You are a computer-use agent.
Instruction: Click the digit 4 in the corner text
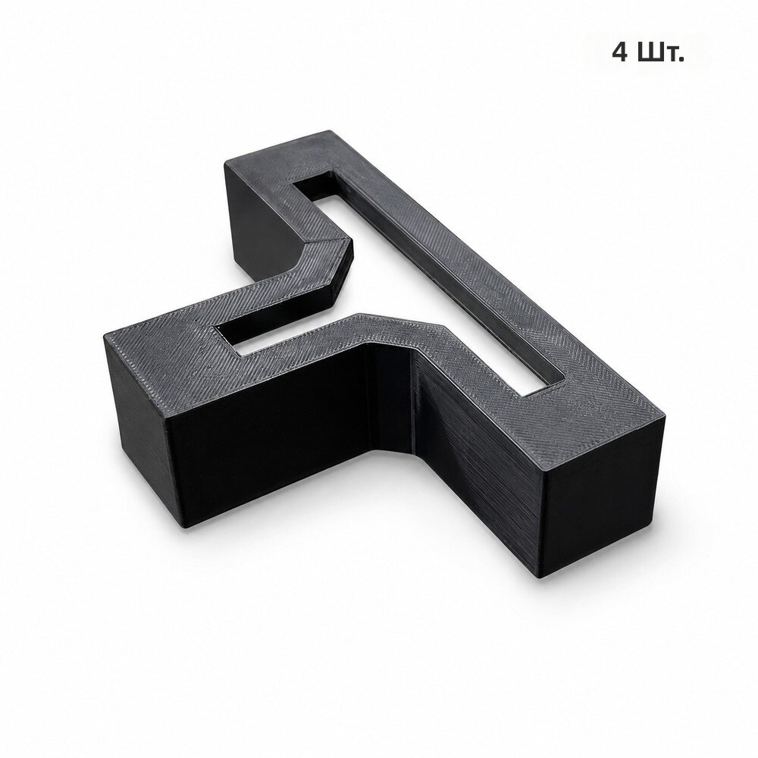(620, 52)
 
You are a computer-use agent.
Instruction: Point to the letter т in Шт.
(669, 55)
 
